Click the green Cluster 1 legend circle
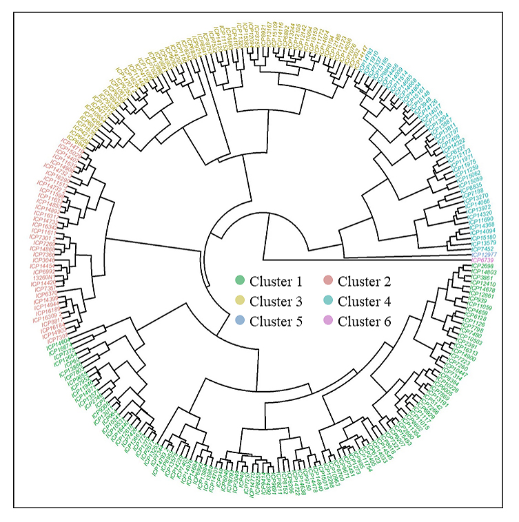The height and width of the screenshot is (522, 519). pos(240,281)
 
